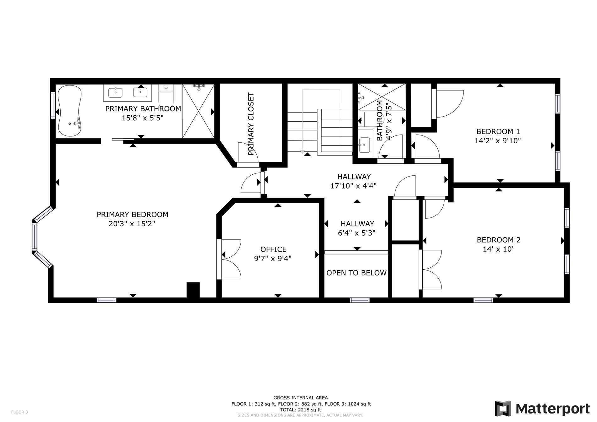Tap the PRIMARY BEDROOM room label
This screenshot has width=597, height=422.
point(133,215)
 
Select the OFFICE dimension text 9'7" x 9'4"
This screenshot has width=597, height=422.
point(273,259)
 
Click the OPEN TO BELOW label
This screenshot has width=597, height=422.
point(356,273)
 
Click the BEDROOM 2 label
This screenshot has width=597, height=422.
point(499,240)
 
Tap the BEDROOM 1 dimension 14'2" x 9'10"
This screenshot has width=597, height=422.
point(498,141)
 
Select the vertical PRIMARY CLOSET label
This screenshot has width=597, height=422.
point(251,124)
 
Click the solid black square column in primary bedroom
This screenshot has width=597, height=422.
point(193,290)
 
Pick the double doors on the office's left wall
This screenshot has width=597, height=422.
point(229,259)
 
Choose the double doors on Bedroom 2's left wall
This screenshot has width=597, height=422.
point(430,269)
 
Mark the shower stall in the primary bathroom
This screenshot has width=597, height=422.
point(198,111)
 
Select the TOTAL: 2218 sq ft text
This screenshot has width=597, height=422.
point(301,410)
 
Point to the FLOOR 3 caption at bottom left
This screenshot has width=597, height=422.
point(19,412)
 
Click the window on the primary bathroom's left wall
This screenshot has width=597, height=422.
point(53,105)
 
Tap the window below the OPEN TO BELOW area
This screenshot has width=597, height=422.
point(360,300)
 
